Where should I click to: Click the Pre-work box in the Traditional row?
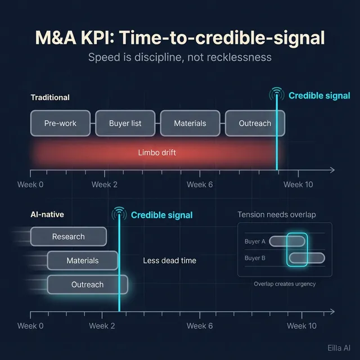[x=60, y=123]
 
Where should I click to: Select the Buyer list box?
[x=125, y=123]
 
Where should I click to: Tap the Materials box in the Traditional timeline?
[x=190, y=123]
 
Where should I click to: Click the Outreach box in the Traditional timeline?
[x=255, y=123]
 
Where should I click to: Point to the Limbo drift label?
[x=157, y=152]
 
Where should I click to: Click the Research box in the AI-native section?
[x=68, y=237]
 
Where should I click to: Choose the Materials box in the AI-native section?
[x=83, y=260]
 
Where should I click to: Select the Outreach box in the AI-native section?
[x=87, y=285]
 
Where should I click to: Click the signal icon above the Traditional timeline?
[x=276, y=94]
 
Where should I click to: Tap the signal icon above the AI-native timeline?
[x=119, y=214]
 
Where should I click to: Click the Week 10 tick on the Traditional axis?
[x=298, y=184]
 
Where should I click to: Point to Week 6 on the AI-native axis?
[x=200, y=326]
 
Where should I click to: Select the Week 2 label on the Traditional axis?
[x=105, y=184]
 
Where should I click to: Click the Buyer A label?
[x=255, y=241]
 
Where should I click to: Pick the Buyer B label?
[x=255, y=258]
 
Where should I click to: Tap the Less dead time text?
[x=169, y=260]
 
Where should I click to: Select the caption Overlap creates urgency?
[x=285, y=284]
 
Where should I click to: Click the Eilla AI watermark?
[x=339, y=348]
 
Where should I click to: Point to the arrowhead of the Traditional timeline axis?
[x=332, y=170]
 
